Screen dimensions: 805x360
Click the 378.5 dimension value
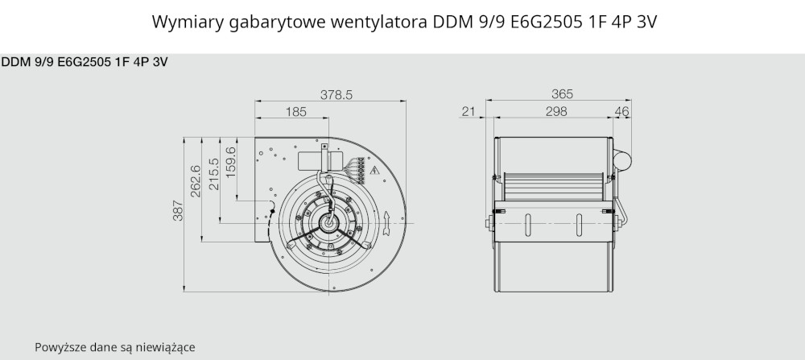(336, 95)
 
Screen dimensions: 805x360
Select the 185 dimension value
(295, 111)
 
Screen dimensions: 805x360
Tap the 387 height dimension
(178, 210)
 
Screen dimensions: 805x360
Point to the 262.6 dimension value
(196, 180)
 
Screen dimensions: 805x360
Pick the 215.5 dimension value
(214, 174)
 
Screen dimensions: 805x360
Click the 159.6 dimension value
(230, 163)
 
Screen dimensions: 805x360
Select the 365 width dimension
(562, 94)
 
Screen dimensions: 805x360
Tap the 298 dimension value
(556, 111)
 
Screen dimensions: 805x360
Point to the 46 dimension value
(621, 111)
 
